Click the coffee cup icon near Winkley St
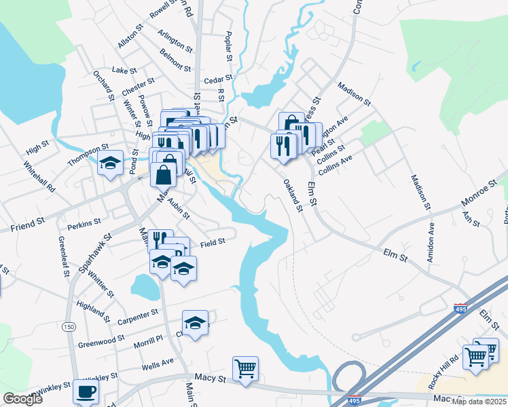[86, 391]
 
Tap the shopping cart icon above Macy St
[245, 369]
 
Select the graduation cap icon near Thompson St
[111, 163]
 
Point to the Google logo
[22, 398]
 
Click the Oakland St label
[293, 195]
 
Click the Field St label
[212, 241]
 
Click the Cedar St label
[219, 78]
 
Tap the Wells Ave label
[158, 367]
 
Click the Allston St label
[131, 37]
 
